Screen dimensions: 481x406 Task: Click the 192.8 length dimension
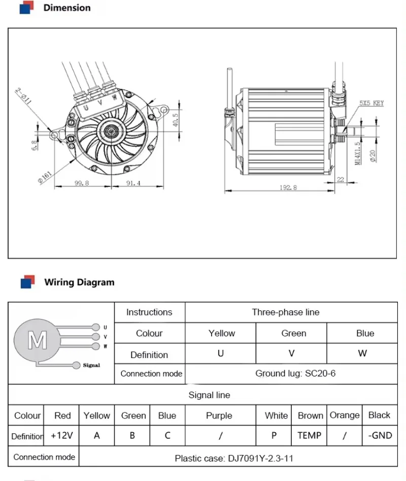click(287, 187)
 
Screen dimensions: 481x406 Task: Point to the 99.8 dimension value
click(82, 183)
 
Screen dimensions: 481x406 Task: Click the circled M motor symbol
click(37, 340)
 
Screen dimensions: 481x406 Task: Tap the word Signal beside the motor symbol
click(91, 365)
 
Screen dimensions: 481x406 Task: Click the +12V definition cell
click(62, 435)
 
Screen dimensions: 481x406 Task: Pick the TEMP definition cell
click(310, 435)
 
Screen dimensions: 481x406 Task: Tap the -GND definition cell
click(380, 435)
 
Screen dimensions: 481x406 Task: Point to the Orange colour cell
click(345, 415)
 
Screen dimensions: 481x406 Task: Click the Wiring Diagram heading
click(79, 282)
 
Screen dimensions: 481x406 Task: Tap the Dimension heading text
click(67, 8)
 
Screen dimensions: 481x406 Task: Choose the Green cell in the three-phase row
click(294, 333)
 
